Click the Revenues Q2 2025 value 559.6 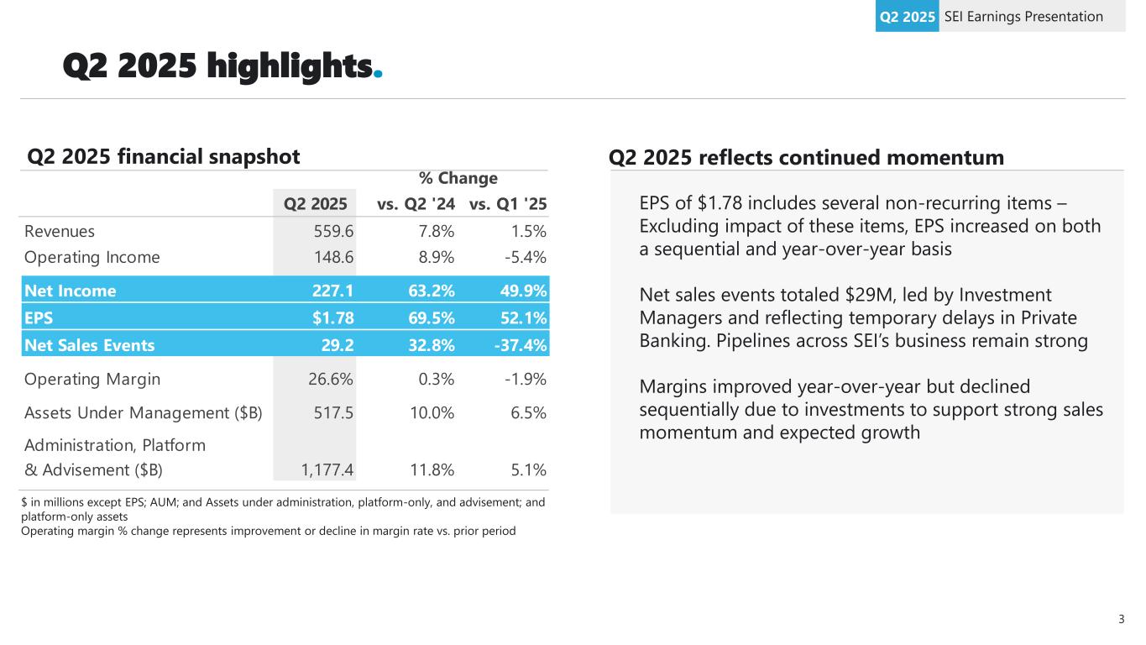click(330, 231)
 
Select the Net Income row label click(71, 291)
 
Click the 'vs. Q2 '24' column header click(416, 203)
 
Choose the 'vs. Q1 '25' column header click(508, 203)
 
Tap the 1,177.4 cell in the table click(327, 469)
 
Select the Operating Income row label click(92, 257)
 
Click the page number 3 click(1122, 620)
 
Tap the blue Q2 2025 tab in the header click(907, 17)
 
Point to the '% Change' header click(458, 178)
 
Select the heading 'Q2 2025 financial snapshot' click(164, 156)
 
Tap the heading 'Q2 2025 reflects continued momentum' click(806, 157)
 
